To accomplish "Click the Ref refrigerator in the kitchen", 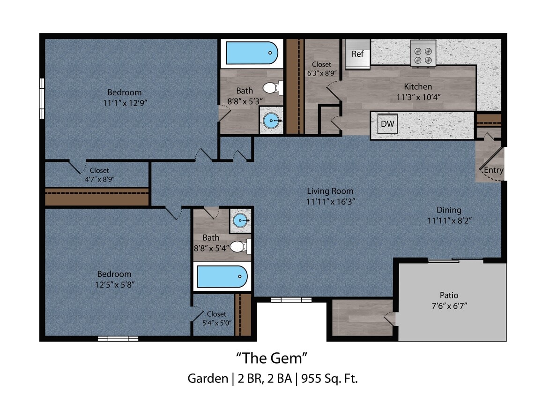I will click(x=357, y=54).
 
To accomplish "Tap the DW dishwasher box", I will click(x=387, y=124).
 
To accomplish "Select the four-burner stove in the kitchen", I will click(x=423, y=53).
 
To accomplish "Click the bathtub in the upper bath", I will click(x=252, y=53).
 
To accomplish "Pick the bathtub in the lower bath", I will click(x=222, y=276).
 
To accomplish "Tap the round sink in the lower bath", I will click(x=240, y=220).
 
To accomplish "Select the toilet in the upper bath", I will click(x=272, y=87).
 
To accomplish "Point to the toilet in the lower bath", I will click(x=240, y=246).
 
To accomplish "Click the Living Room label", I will click(x=330, y=191).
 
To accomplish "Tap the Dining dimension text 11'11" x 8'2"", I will click(x=449, y=220).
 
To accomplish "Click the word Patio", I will click(x=449, y=295).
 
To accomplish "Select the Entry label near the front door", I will click(x=493, y=170).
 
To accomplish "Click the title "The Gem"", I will click(x=271, y=358).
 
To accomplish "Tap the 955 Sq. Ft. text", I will click(x=333, y=378).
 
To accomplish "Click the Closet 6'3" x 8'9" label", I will click(x=321, y=69).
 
